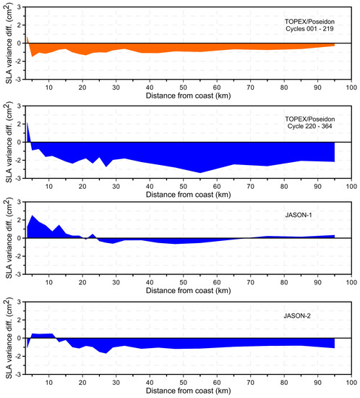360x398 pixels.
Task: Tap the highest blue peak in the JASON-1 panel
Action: (x=32, y=216)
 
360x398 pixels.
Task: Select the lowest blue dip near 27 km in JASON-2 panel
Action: (x=106, y=352)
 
